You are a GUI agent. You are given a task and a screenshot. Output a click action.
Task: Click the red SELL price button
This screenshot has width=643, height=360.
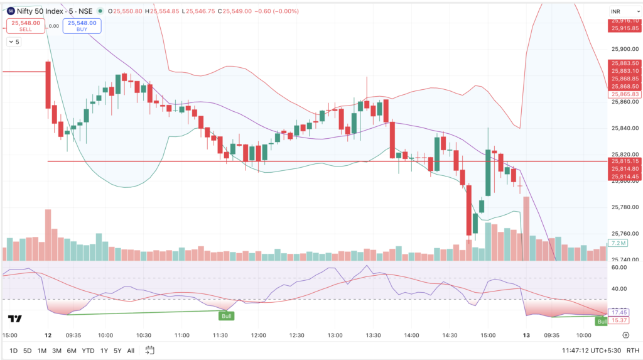[24, 26]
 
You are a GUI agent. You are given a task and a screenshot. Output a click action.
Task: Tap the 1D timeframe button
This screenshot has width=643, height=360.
[13, 351]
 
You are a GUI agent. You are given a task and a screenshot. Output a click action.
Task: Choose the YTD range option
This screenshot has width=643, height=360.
[89, 351]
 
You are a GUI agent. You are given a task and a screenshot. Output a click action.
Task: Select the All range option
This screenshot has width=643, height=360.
[131, 351]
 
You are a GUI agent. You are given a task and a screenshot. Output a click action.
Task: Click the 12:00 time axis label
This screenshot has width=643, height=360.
[258, 335]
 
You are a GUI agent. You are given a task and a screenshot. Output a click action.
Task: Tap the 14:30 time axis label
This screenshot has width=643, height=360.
[450, 335]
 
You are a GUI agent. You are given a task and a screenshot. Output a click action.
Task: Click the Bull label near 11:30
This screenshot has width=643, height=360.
[226, 316]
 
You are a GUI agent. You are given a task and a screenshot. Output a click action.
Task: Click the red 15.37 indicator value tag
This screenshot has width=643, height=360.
[619, 320]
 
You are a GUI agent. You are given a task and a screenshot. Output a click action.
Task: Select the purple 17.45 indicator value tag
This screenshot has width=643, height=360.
[619, 312]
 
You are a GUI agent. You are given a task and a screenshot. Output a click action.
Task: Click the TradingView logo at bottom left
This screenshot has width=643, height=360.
[16, 319]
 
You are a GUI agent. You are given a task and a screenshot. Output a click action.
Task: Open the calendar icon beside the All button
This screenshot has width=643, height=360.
[150, 351]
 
